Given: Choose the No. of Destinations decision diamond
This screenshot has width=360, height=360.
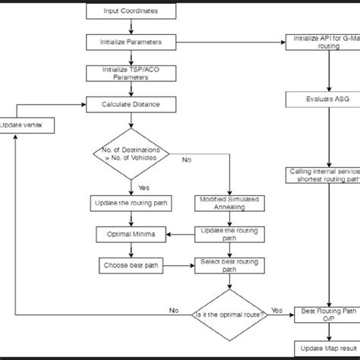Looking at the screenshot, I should [130, 153].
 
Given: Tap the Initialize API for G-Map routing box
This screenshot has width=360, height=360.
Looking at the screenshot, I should [319, 41].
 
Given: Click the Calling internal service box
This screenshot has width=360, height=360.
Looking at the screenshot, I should [319, 175].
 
